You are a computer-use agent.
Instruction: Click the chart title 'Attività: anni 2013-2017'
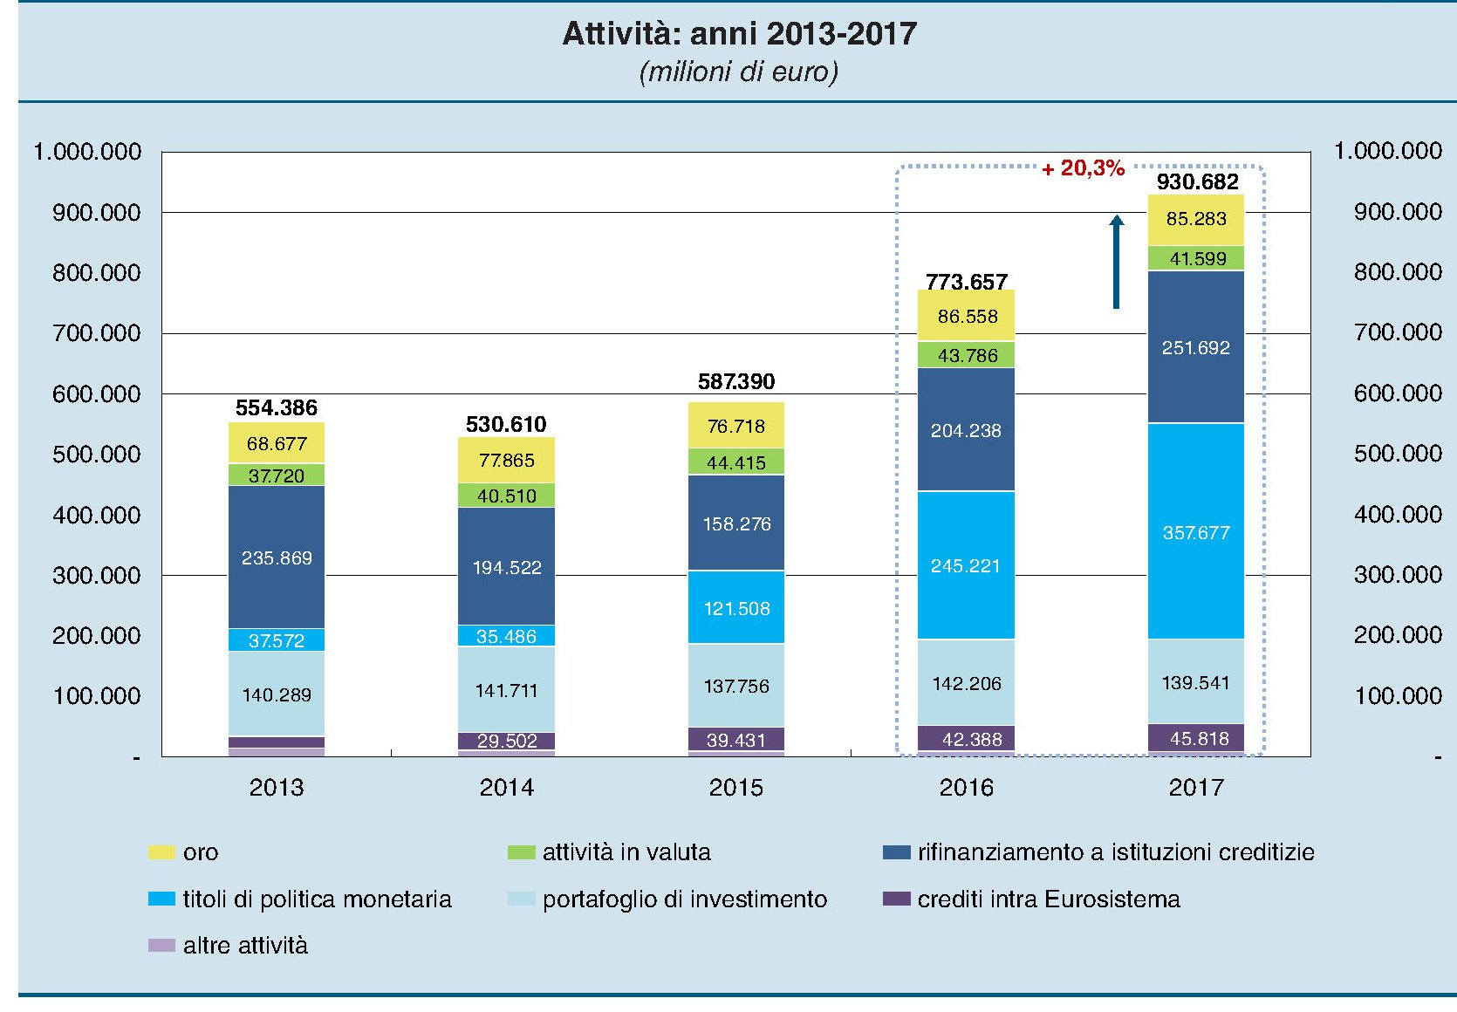739,34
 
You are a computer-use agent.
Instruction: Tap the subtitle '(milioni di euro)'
739,72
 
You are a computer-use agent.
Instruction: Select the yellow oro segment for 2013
277,443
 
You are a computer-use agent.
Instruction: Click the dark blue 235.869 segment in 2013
277,557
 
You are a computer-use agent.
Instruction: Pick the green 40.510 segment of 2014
506,496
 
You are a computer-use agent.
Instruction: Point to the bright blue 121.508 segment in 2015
736,608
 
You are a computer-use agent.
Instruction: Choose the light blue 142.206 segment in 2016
966,683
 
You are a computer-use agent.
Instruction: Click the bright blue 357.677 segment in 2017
1195,532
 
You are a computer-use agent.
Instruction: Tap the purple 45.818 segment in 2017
1195,738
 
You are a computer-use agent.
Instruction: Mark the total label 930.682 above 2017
1197,181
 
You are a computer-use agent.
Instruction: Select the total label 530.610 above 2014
506,425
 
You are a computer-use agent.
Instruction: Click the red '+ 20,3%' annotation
1084,168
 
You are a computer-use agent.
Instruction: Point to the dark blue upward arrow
1116,262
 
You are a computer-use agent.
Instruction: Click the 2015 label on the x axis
736,788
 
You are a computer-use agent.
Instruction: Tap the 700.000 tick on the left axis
96,333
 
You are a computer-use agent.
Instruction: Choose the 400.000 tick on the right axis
1398,515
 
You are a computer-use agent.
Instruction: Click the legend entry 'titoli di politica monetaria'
317,899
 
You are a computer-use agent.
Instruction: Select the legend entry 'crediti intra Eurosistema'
1048,899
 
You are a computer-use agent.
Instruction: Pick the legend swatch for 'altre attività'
161,946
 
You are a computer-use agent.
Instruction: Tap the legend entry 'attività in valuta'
626,852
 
